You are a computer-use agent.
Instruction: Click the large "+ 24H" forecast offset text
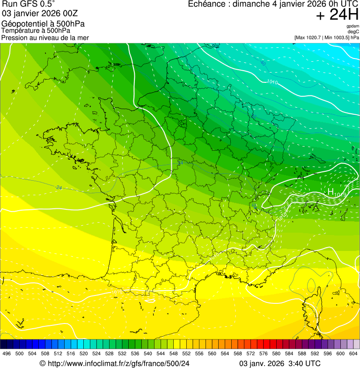tap(337, 15)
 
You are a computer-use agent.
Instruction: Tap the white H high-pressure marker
tap(331, 191)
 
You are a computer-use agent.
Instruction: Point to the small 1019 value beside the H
tap(340, 194)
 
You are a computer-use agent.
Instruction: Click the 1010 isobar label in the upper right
tap(272, 82)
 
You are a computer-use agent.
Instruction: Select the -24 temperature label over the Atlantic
tap(59, 188)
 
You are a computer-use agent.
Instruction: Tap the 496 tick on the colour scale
tap(7, 354)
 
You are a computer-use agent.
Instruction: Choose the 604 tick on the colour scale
tap(353, 354)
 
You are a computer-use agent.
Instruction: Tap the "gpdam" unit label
tap(353, 26)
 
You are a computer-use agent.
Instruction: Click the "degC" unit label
tap(353, 31)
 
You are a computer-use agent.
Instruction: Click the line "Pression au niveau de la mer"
tap(45, 37)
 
